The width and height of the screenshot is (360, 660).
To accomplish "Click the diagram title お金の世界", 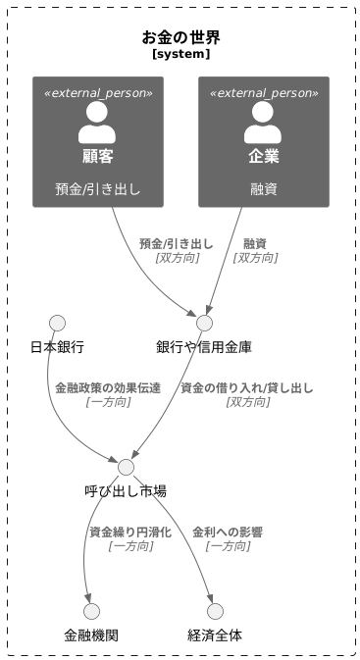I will pos(180,38).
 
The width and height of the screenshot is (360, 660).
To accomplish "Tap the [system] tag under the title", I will pos(180,55).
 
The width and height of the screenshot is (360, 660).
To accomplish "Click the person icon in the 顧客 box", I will pos(97,123).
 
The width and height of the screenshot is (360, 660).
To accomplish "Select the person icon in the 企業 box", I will pos(263,123).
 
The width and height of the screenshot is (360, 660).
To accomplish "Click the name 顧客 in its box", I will pos(97,156).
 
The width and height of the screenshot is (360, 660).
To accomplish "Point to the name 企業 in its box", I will pos(263,156).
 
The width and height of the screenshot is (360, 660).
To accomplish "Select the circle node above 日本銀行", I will pos(57,324).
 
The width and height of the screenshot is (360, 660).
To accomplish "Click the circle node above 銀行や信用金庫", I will pos(204,324).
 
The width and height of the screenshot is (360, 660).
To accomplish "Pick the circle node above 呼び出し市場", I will pos(126,467).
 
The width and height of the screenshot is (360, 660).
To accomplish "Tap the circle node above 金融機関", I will pos(91,611).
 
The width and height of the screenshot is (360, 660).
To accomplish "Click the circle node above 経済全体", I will pos(215,611).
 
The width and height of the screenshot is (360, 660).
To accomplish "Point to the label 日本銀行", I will pos(57,347).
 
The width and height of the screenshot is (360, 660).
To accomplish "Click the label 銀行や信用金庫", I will pos(204,347).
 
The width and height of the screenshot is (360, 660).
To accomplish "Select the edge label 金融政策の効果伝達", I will pos(108,387).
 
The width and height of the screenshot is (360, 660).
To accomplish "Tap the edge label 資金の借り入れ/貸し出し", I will pos(247,387).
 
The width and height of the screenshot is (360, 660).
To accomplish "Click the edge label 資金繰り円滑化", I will pos(130,532).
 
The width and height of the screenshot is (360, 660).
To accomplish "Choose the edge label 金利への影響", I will pos(228,532).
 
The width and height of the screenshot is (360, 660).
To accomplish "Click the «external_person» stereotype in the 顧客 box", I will pos(97,92).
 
